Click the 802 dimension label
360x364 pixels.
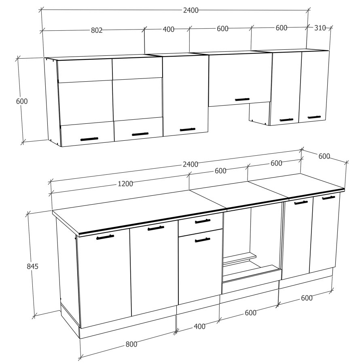pyautogui.click(x=96, y=30)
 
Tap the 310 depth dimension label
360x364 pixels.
pyautogui.click(x=320, y=28)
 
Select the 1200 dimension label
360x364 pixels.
pyautogui.click(x=125, y=184)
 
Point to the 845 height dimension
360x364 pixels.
pyautogui.click(x=32, y=266)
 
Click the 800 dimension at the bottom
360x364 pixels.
pyautogui.click(x=131, y=344)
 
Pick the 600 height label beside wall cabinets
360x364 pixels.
pyautogui.click(x=22, y=101)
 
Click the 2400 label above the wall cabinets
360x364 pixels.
pyautogui.click(x=191, y=10)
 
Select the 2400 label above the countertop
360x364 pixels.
pyautogui.click(x=190, y=164)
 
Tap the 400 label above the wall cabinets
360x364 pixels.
pyautogui.click(x=168, y=29)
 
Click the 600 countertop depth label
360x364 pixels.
pyautogui.click(x=324, y=157)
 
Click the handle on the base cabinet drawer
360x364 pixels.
pyautogui.click(x=203, y=221)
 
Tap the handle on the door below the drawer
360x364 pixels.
pyautogui.click(x=202, y=240)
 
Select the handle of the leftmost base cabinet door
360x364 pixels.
pyautogui.click(x=105, y=237)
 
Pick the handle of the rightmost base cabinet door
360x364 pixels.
pyautogui.click(x=328, y=198)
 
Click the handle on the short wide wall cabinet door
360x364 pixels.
pyautogui.click(x=242, y=99)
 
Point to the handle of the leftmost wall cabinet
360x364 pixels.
pyautogui.click(x=89, y=139)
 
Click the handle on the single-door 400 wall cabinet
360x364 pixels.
pyautogui.click(x=187, y=129)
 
